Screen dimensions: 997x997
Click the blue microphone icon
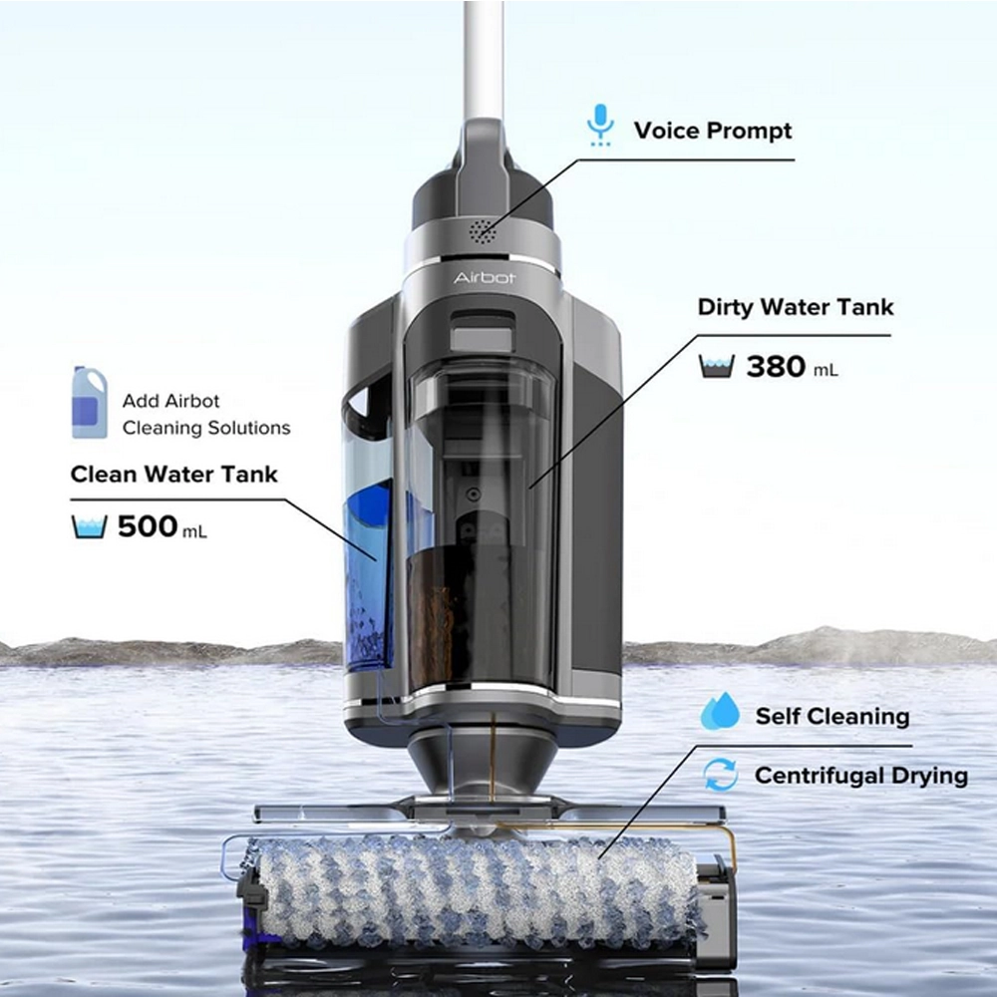pos(600,126)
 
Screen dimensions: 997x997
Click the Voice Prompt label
pos(713,131)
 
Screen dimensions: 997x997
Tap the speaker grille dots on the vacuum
pos(484,232)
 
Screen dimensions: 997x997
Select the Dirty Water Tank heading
pos(796,307)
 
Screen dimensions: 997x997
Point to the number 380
pos(776,367)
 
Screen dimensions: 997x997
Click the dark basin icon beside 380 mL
pos(717,366)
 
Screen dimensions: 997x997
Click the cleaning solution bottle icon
pos(89,402)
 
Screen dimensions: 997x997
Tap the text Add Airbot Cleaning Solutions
pos(206,415)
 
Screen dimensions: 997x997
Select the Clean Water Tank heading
pos(173,475)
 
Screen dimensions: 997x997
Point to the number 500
pos(148,526)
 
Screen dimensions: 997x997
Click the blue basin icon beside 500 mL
pos(89,527)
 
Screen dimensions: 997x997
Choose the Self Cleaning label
pos(832,717)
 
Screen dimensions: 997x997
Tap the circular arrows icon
pos(721,775)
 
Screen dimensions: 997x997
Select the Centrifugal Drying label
pos(861,776)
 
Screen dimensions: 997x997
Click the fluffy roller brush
pos(477,890)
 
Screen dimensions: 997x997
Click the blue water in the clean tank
pos(369,572)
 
